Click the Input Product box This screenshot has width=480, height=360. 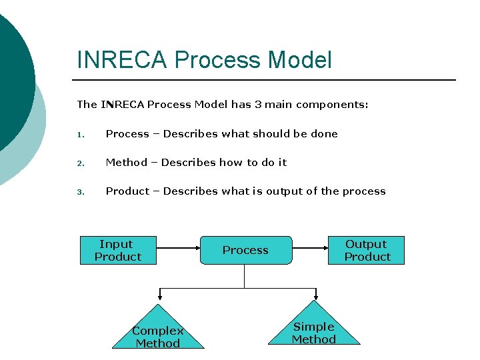click(x=118, y=251)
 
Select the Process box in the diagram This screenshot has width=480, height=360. click(x=245, y=251)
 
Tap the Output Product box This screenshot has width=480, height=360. click(x=366, y=251)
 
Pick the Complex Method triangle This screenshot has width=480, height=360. click(x=158, y=333)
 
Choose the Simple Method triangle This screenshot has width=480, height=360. click(x=314, y=329)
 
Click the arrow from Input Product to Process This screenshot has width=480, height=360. click(x=178, y=251)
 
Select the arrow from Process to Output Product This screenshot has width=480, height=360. click(x=310, y=251)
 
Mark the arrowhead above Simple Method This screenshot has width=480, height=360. click(x=314, y=295)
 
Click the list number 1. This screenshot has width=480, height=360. click(x=79, y=135)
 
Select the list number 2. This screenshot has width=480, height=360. click(x=79, y=163)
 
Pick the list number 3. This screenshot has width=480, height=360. click(x=79, y=192)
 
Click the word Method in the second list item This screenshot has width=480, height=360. click(x=127, y=163)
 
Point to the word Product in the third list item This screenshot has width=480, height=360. click(x=127, y=191)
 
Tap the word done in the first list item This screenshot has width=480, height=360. click(x=324, y=134)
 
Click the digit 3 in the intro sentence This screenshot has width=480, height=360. click(x=257, y=105)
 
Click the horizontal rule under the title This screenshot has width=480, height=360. click(x=267, y=80)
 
